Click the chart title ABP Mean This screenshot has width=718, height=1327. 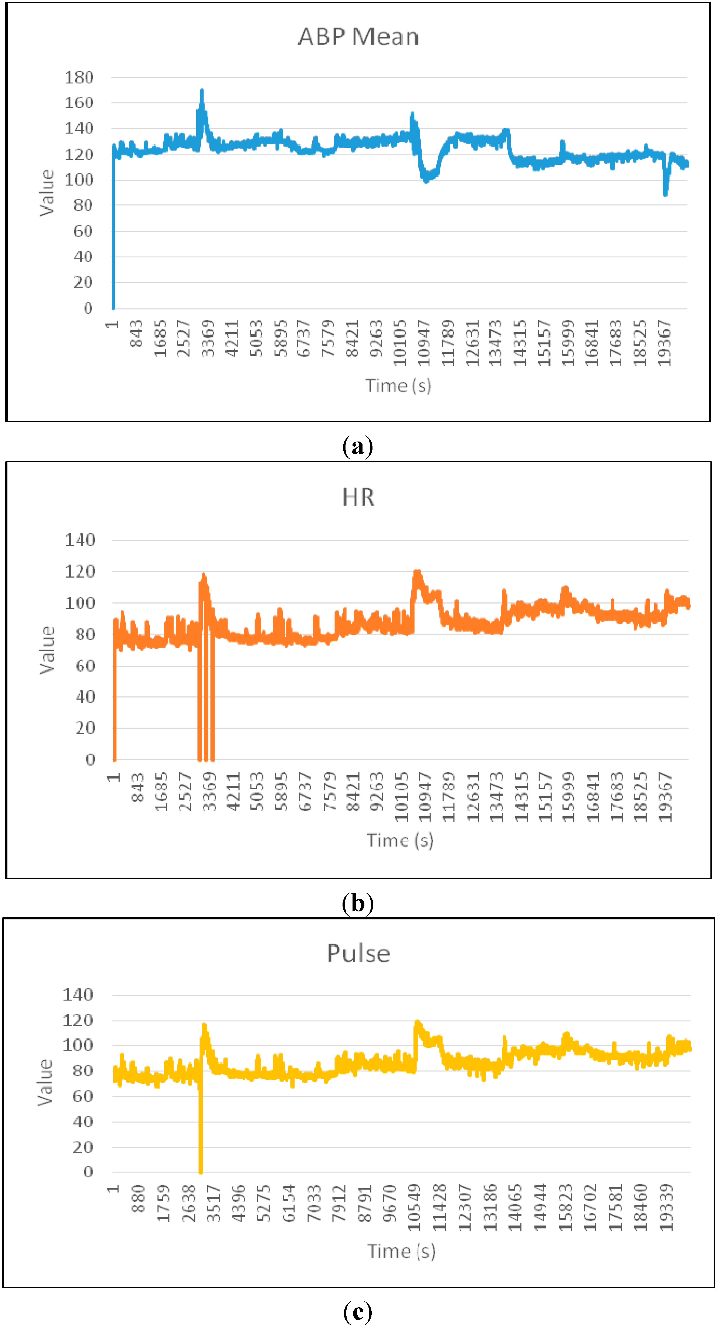358,36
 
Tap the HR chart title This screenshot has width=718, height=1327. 358,498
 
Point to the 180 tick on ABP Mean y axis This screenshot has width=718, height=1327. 79,78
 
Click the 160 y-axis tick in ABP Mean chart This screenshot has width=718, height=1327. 79,103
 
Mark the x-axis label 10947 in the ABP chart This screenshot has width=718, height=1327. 424,343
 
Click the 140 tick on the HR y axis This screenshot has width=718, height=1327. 80,540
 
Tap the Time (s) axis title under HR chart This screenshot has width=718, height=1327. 400,840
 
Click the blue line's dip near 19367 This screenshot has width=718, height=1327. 665,193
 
